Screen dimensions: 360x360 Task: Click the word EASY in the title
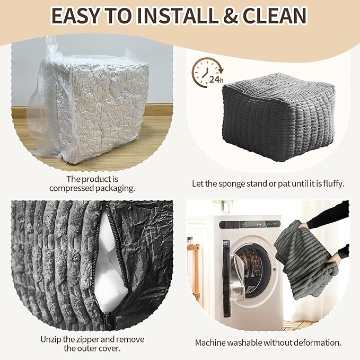(x=75, y=16)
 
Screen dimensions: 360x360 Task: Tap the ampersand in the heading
(x=230, y=16)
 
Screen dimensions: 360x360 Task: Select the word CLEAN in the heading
(x=275, y=16)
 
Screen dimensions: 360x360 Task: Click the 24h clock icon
(x=207, y=73)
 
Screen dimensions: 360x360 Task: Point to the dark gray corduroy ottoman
(x=278, y=117)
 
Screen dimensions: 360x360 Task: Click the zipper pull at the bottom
(x=108, y=318)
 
